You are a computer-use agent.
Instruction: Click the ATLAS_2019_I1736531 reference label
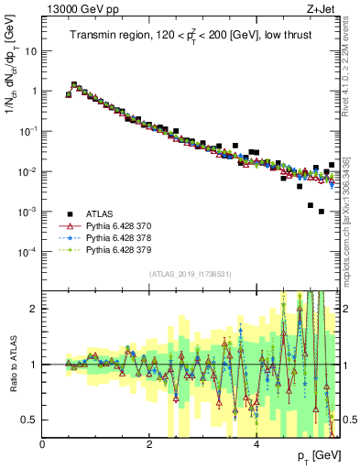point(191,274)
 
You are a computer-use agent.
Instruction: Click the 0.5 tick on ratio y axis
point(30,420)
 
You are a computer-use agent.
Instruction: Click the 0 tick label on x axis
point(42,444)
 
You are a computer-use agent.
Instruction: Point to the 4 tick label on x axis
point(256,444)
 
